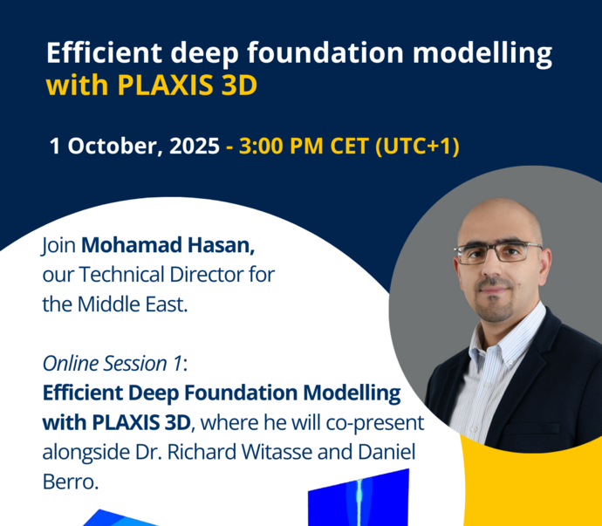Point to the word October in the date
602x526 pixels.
[113, 147]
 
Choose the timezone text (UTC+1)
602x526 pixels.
[417, 147]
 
